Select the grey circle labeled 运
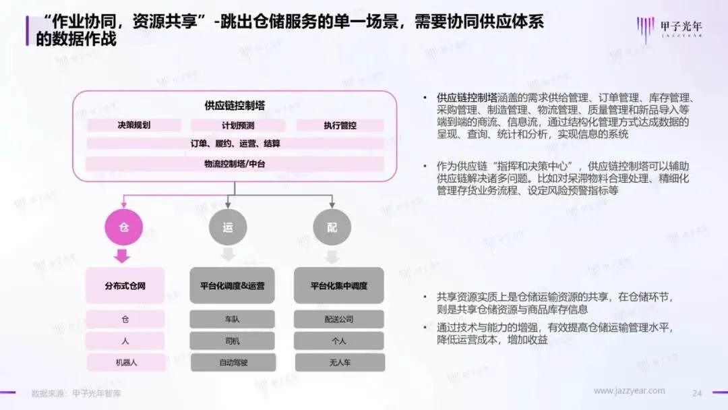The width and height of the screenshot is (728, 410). point(228,227)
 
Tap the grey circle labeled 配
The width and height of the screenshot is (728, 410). point(332,227)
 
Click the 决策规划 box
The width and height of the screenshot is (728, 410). point(133,125)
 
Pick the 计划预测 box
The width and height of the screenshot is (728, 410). point(238,125)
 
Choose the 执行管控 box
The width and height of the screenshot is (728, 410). point(340,125)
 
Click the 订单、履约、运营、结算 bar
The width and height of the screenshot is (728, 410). point(235,144)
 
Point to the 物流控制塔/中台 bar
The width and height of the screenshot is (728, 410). point(235,164)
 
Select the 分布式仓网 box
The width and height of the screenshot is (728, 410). point(125,286)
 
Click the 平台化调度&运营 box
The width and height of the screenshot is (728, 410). point(232,286)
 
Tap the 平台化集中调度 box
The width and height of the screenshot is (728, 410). point(338,286)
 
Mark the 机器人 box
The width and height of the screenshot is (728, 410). point(125,362)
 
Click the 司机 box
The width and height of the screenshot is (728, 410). point(232,341)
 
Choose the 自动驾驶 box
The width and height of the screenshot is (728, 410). point(232,362)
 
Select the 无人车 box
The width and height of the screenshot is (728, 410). point(338,362)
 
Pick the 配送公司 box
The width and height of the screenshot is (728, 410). point(338,319)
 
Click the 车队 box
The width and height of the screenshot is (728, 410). point(232,319)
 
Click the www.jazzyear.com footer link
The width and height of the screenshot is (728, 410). point(629,391)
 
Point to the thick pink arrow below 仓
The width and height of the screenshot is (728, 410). point(123,256)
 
